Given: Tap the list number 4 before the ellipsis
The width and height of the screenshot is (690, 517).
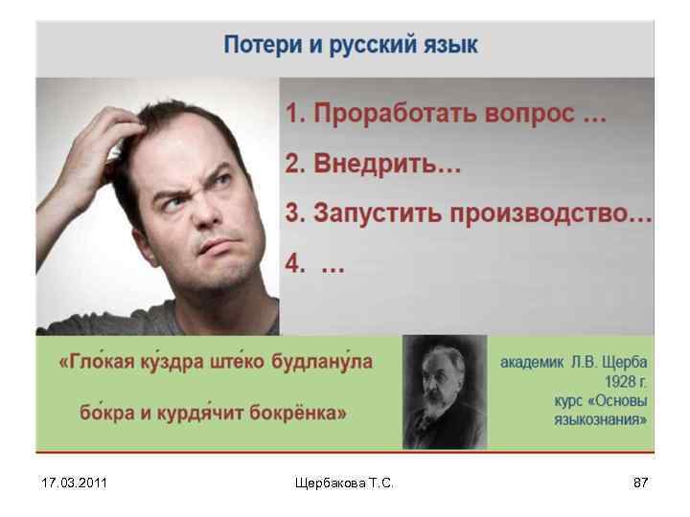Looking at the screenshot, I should [292, 265].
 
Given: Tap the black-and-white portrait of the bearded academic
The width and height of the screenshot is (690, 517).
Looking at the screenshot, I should [444, 393].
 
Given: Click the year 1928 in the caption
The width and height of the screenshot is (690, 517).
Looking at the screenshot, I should [616, 380].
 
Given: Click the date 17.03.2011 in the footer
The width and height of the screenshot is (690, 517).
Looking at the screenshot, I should [75, 483].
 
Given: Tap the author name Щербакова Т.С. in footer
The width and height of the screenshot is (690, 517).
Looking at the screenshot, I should [344, 483].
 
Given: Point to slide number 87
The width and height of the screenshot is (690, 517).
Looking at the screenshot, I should [640, 483].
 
